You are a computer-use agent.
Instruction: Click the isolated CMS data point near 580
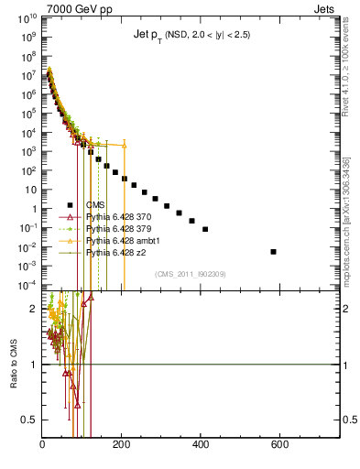pyautogui.click(x=273, y=251)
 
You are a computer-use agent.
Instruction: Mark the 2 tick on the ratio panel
pyautogui.click(x=35, y=309)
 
